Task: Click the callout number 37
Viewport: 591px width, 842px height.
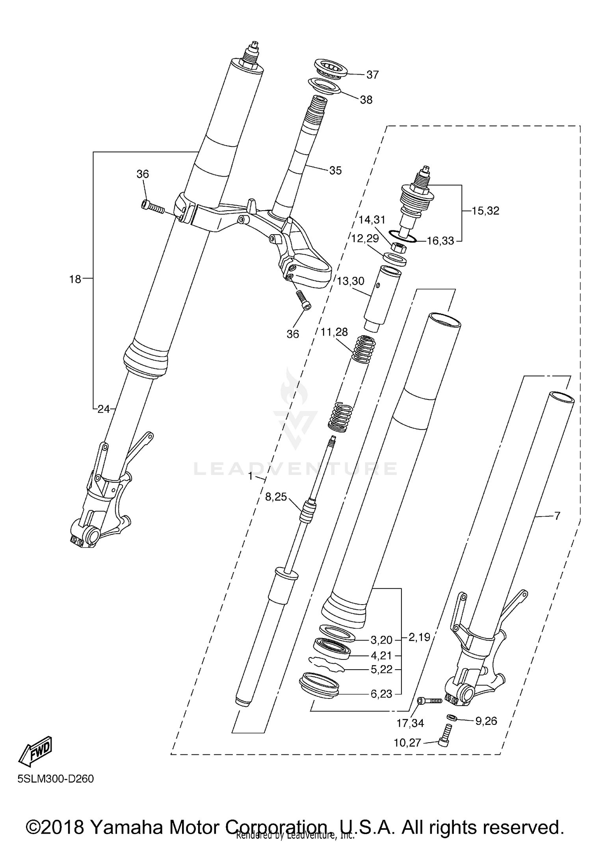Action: (372, 75)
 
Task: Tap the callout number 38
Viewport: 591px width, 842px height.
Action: (366, 100)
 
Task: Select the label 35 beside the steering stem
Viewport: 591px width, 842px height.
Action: (335, 170)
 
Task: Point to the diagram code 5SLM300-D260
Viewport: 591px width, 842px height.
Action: (56, 779)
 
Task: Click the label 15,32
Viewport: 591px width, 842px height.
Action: (485, 211)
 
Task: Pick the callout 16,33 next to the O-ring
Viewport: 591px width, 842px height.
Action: (440, 241)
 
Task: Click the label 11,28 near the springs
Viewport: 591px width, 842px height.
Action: (334, 332)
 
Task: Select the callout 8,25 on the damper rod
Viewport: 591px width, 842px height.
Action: (276, 497)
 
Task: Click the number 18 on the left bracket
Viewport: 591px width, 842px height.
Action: (75, 279)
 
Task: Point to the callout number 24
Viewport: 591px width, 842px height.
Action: (104, 409)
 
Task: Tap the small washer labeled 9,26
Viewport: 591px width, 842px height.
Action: (452, 716)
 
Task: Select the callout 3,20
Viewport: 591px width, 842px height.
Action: (381, 640)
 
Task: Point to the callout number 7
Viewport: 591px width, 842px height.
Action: (557, 515)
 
